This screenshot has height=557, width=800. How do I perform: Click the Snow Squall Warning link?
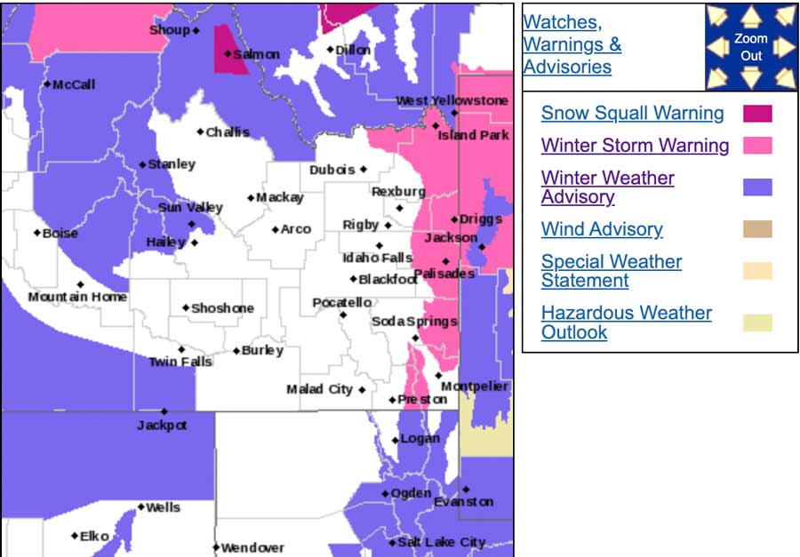point(632,113)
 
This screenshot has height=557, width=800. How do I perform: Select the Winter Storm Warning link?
point(635,146)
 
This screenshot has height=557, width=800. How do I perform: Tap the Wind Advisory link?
point(602,229)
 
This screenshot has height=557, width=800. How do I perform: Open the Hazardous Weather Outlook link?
point(626,322)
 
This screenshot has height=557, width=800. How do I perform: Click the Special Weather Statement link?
point(611,271)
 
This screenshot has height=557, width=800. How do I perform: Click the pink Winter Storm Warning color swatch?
point(757,146)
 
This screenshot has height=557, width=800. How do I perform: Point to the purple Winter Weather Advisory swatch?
point(757,187)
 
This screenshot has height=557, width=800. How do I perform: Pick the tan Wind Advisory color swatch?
point(757,229)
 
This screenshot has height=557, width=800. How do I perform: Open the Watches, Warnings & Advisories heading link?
point(572,44)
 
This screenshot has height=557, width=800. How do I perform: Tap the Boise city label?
point(60,234)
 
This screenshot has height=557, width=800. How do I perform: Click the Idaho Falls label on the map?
point(378,258)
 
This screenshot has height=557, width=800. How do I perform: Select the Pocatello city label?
point(342,303)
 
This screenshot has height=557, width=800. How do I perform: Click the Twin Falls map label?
point(180,362)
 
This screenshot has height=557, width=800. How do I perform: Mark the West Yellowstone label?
point(452,100)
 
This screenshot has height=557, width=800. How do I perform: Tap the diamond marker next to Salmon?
point(228,54)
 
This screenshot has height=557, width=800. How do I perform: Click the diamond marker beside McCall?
point(47,84)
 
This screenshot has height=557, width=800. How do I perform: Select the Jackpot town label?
point(162,426)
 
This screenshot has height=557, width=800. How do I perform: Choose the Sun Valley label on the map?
point(190,207)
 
